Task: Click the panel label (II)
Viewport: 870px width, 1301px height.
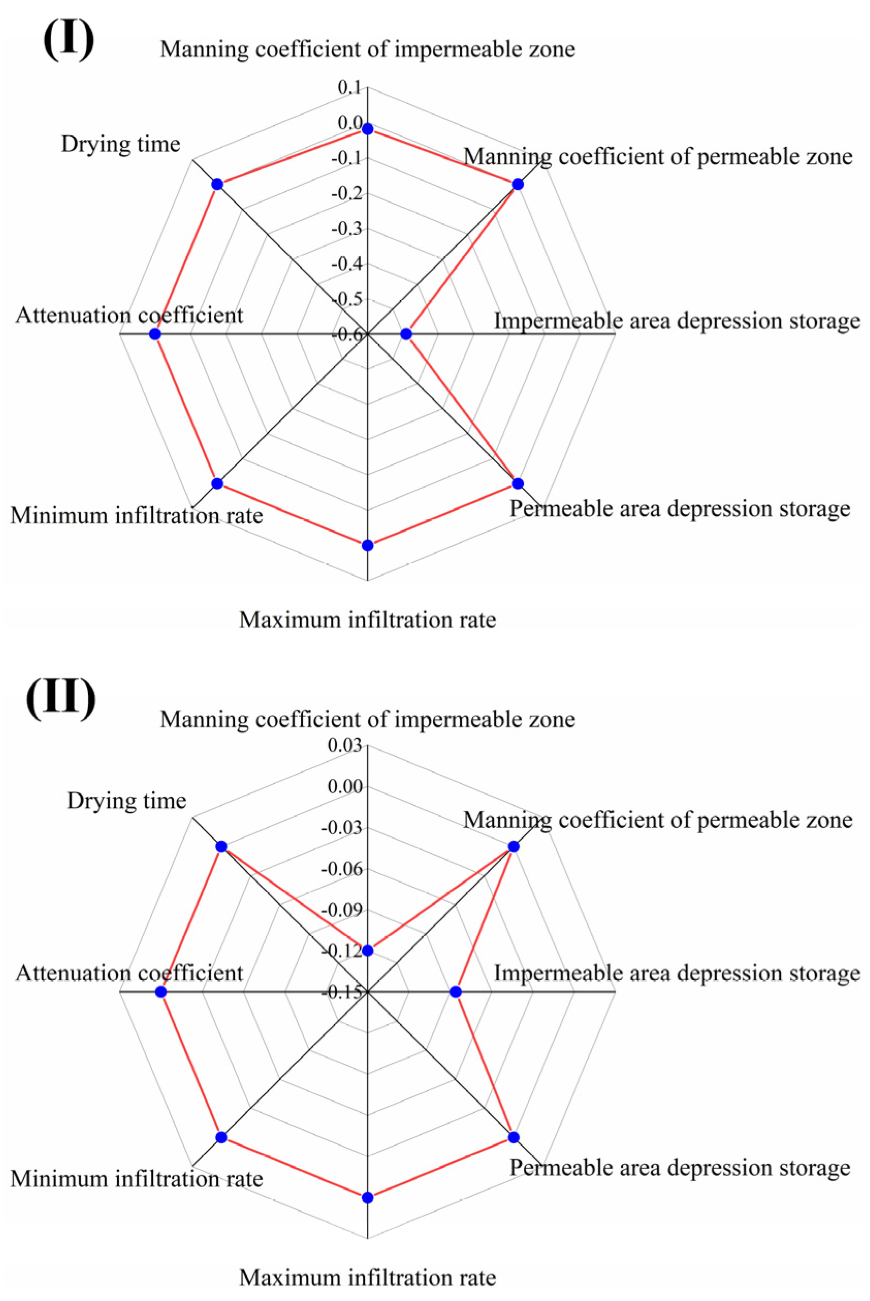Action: click(x=61, y=697)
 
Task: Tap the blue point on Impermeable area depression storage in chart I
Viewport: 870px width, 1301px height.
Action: click(x=406, y=334)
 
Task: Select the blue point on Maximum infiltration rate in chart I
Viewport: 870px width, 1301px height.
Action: click(x=367, y=546)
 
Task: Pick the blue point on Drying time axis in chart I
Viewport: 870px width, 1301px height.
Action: click(x=218, y=184)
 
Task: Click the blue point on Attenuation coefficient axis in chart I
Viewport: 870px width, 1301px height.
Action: click(x=155, y=334)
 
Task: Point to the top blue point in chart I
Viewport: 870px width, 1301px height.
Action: click(x=367, y=129)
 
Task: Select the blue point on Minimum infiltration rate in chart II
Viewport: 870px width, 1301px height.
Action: click(x=221, y=1137)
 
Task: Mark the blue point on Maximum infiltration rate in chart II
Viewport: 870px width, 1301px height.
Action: click(x=367, y=1198)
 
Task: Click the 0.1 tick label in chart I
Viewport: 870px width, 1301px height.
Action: click(x=349, y=88)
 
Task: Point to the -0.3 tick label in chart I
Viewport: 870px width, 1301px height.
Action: click(x=346, y=229)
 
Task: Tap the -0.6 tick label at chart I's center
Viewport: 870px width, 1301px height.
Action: click(x=346, y=334)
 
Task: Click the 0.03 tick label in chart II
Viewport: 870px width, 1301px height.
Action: click(x=345, y=745)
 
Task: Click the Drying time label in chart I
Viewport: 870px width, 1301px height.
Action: click(x=120, y=144)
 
